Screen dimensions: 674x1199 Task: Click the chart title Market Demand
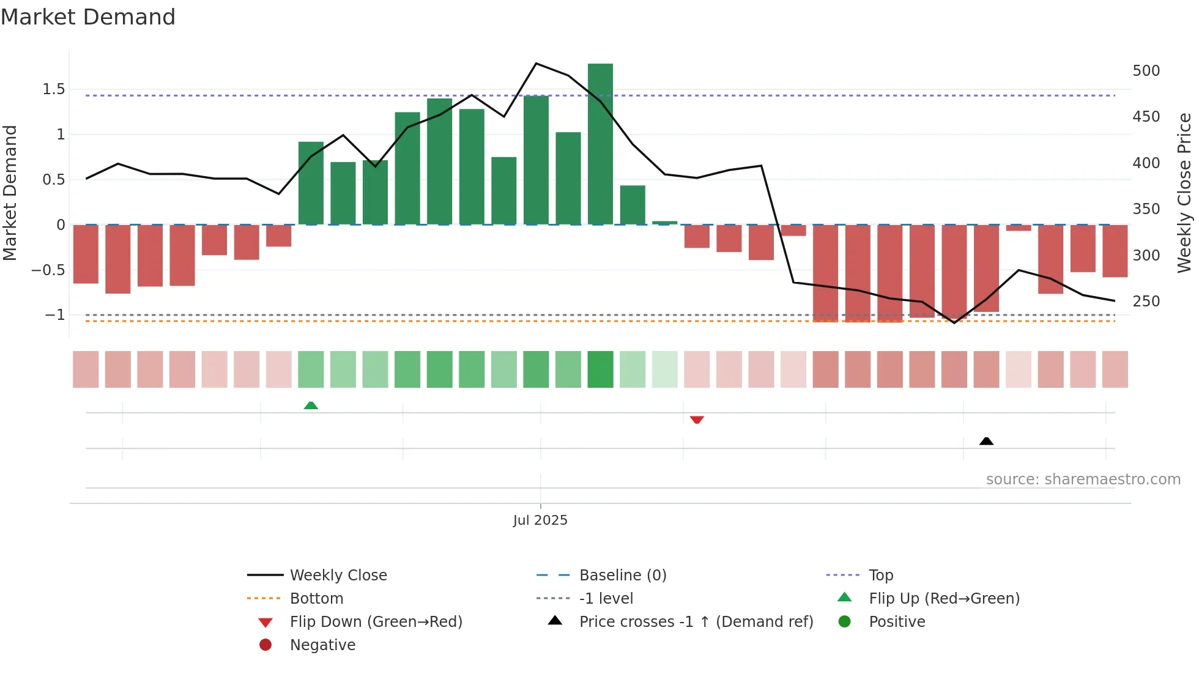click(88, 17)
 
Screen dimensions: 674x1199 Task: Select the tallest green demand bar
click(600, 144)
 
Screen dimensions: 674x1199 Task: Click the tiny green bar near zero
click(664, 223)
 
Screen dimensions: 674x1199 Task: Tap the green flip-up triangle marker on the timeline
click(311, 406)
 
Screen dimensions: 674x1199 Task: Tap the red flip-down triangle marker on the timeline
click(697, 420)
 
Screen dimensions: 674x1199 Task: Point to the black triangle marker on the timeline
click(986, 441)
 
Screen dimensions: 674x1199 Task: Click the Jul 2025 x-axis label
click(540, 520)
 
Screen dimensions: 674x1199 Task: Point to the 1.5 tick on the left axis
click(53, 89)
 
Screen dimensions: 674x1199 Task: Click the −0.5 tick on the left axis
click(48, 270)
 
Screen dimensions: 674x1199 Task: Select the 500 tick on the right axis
click(1146, 71)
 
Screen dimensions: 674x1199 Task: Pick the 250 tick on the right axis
click(1146, 302)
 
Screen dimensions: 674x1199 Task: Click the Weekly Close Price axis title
click(1184, 192)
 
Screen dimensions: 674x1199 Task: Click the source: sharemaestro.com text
click(1083, 479)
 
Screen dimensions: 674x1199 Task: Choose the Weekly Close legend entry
click(338, 575)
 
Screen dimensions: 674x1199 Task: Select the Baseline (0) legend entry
click(622, 575)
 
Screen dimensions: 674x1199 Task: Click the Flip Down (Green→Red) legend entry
click(376, 621)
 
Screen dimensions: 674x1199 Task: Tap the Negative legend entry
click(322, 645)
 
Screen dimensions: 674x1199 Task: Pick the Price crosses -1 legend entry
click(696, 621)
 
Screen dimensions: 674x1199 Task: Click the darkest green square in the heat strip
click(600, 369)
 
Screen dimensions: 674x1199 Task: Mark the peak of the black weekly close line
click(536, 64)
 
